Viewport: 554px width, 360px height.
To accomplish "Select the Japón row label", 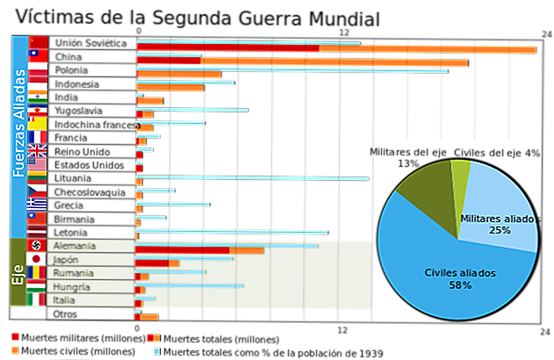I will [x=65, y=260].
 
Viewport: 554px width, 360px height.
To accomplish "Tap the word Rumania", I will [x=70, y=273].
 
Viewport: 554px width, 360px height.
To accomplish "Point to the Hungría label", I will [x=69, y=286].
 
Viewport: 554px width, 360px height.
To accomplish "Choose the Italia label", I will [x=63, y=300].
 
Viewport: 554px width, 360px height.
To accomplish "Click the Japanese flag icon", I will [x=36, y=259].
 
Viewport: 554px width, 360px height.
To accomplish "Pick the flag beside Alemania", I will [x=36, y=245].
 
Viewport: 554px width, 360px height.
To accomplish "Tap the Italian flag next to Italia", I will [x=36, y=299].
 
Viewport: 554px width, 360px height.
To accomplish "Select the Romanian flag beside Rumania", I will [x=36, y=272].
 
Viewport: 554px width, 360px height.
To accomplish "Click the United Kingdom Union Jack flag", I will [x=37, y=150].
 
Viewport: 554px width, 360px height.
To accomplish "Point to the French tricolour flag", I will [x=37, y=137].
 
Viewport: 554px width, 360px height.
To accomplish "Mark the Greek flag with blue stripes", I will [x=37, y=202].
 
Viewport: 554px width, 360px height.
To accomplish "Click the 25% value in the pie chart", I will [x=500, y=230].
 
